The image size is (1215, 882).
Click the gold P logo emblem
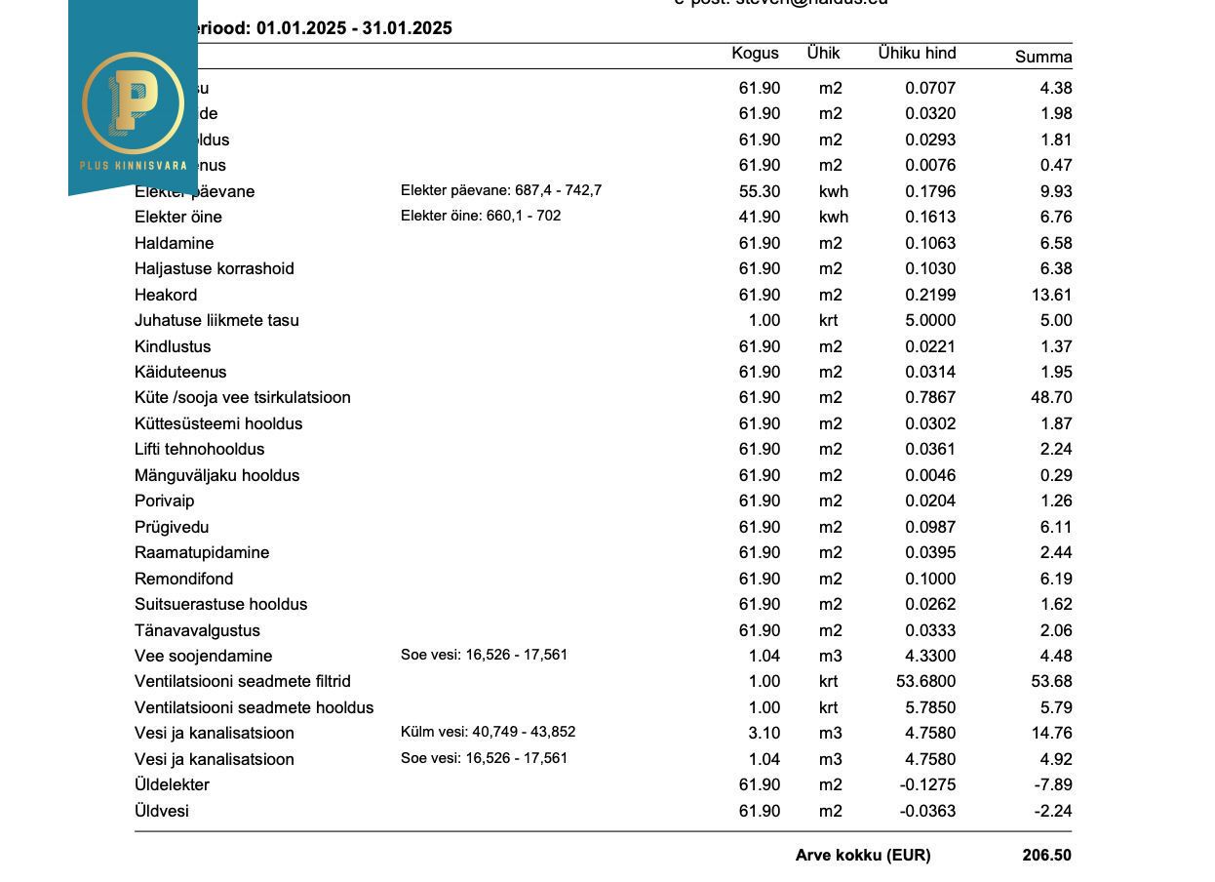coord(134,101)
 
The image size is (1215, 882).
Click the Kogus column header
coord(755,54)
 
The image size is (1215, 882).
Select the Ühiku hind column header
coord(916,54)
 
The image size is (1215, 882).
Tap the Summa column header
coord(1042,57)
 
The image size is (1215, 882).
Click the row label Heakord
coord(166,295)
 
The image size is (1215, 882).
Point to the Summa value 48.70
coord(1051,398)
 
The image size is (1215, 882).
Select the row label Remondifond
coord(183,579)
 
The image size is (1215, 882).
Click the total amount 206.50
coord(1046,856)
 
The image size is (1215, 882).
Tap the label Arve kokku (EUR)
coord(862,856)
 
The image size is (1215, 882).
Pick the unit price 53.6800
coord(925,682)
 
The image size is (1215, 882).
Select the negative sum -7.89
coord(1053,785)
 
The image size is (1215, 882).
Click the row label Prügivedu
coord(172,527)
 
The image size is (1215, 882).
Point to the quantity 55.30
coord(759,192)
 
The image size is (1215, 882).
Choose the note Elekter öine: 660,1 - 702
coord(481,216)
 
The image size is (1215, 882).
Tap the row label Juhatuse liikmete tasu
coord(216,320)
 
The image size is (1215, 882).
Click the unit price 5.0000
coord(930,321)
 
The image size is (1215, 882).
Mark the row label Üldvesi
coord(162,811)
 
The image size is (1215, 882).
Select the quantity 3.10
coord(764,734)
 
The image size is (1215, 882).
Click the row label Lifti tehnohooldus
coord(199,450)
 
